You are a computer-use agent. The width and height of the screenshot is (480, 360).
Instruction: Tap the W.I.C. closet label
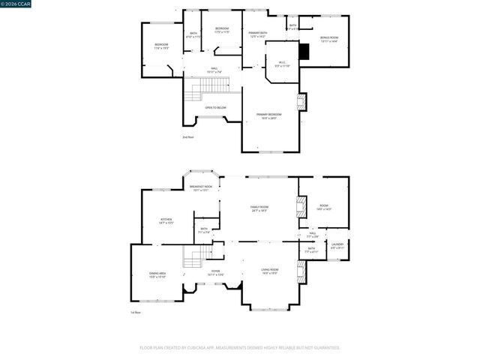(x=282, y=64)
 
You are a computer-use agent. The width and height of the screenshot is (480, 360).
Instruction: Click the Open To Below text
(x=215, y=108)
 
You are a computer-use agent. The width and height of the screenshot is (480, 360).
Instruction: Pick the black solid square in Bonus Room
(x=304, y=51)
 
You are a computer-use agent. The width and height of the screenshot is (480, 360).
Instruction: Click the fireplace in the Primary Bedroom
(x=301, y=102)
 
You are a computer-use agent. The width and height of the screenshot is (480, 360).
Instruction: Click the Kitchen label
(x=166, y=221)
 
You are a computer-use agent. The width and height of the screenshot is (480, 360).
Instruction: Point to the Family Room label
(x=259, y=208)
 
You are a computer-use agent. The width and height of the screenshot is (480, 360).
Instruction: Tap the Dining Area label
(x=157, y=275)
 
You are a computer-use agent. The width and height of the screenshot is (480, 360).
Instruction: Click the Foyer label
(x=215, y=272)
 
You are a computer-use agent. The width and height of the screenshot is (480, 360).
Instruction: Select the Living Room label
(x=269, y=271)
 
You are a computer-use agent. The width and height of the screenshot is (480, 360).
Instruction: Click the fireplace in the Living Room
(x=301, y=274)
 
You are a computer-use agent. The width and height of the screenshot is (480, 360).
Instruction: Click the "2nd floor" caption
(x=187, y=137)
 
